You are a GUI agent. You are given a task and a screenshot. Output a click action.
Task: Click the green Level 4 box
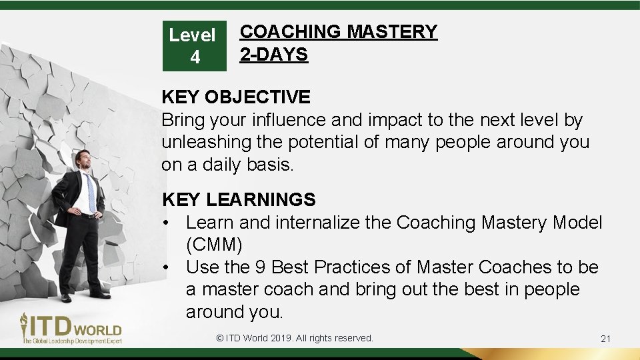click(194, 45)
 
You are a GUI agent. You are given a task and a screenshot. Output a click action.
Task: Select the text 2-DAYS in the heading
click(273, 54)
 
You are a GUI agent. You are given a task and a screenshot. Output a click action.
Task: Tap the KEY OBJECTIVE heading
click(235, 97)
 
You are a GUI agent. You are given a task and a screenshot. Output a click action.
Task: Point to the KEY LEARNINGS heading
click(239, 199)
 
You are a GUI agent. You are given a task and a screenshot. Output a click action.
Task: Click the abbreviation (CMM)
click(214, 244)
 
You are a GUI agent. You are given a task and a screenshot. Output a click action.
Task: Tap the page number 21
click(605, 339)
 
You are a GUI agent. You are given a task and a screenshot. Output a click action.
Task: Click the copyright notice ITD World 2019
click(295, 338)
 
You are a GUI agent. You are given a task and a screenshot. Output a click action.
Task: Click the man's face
click(83, 160)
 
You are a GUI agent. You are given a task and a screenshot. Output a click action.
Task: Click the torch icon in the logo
click(25, 326)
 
